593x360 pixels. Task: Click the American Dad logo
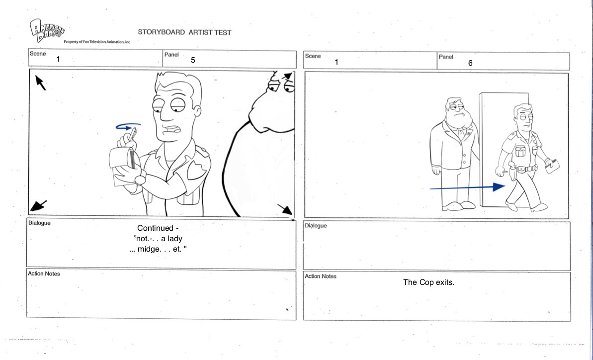47,30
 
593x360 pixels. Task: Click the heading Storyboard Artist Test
184,32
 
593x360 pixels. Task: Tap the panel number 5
193,60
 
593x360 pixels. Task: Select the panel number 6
470,63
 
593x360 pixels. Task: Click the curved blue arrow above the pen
128,126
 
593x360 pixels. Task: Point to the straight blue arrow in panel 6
467,187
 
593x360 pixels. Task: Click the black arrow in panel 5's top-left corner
40,83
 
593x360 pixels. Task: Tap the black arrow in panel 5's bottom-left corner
39,206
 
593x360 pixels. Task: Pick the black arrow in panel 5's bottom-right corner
285,209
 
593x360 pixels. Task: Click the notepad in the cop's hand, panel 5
122,167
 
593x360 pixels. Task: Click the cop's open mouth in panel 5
174,130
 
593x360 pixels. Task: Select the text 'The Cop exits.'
428,282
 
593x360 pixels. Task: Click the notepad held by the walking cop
553,166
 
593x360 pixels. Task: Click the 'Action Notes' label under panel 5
44,274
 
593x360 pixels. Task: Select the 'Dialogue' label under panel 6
316,226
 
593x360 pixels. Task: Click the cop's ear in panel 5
197,110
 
